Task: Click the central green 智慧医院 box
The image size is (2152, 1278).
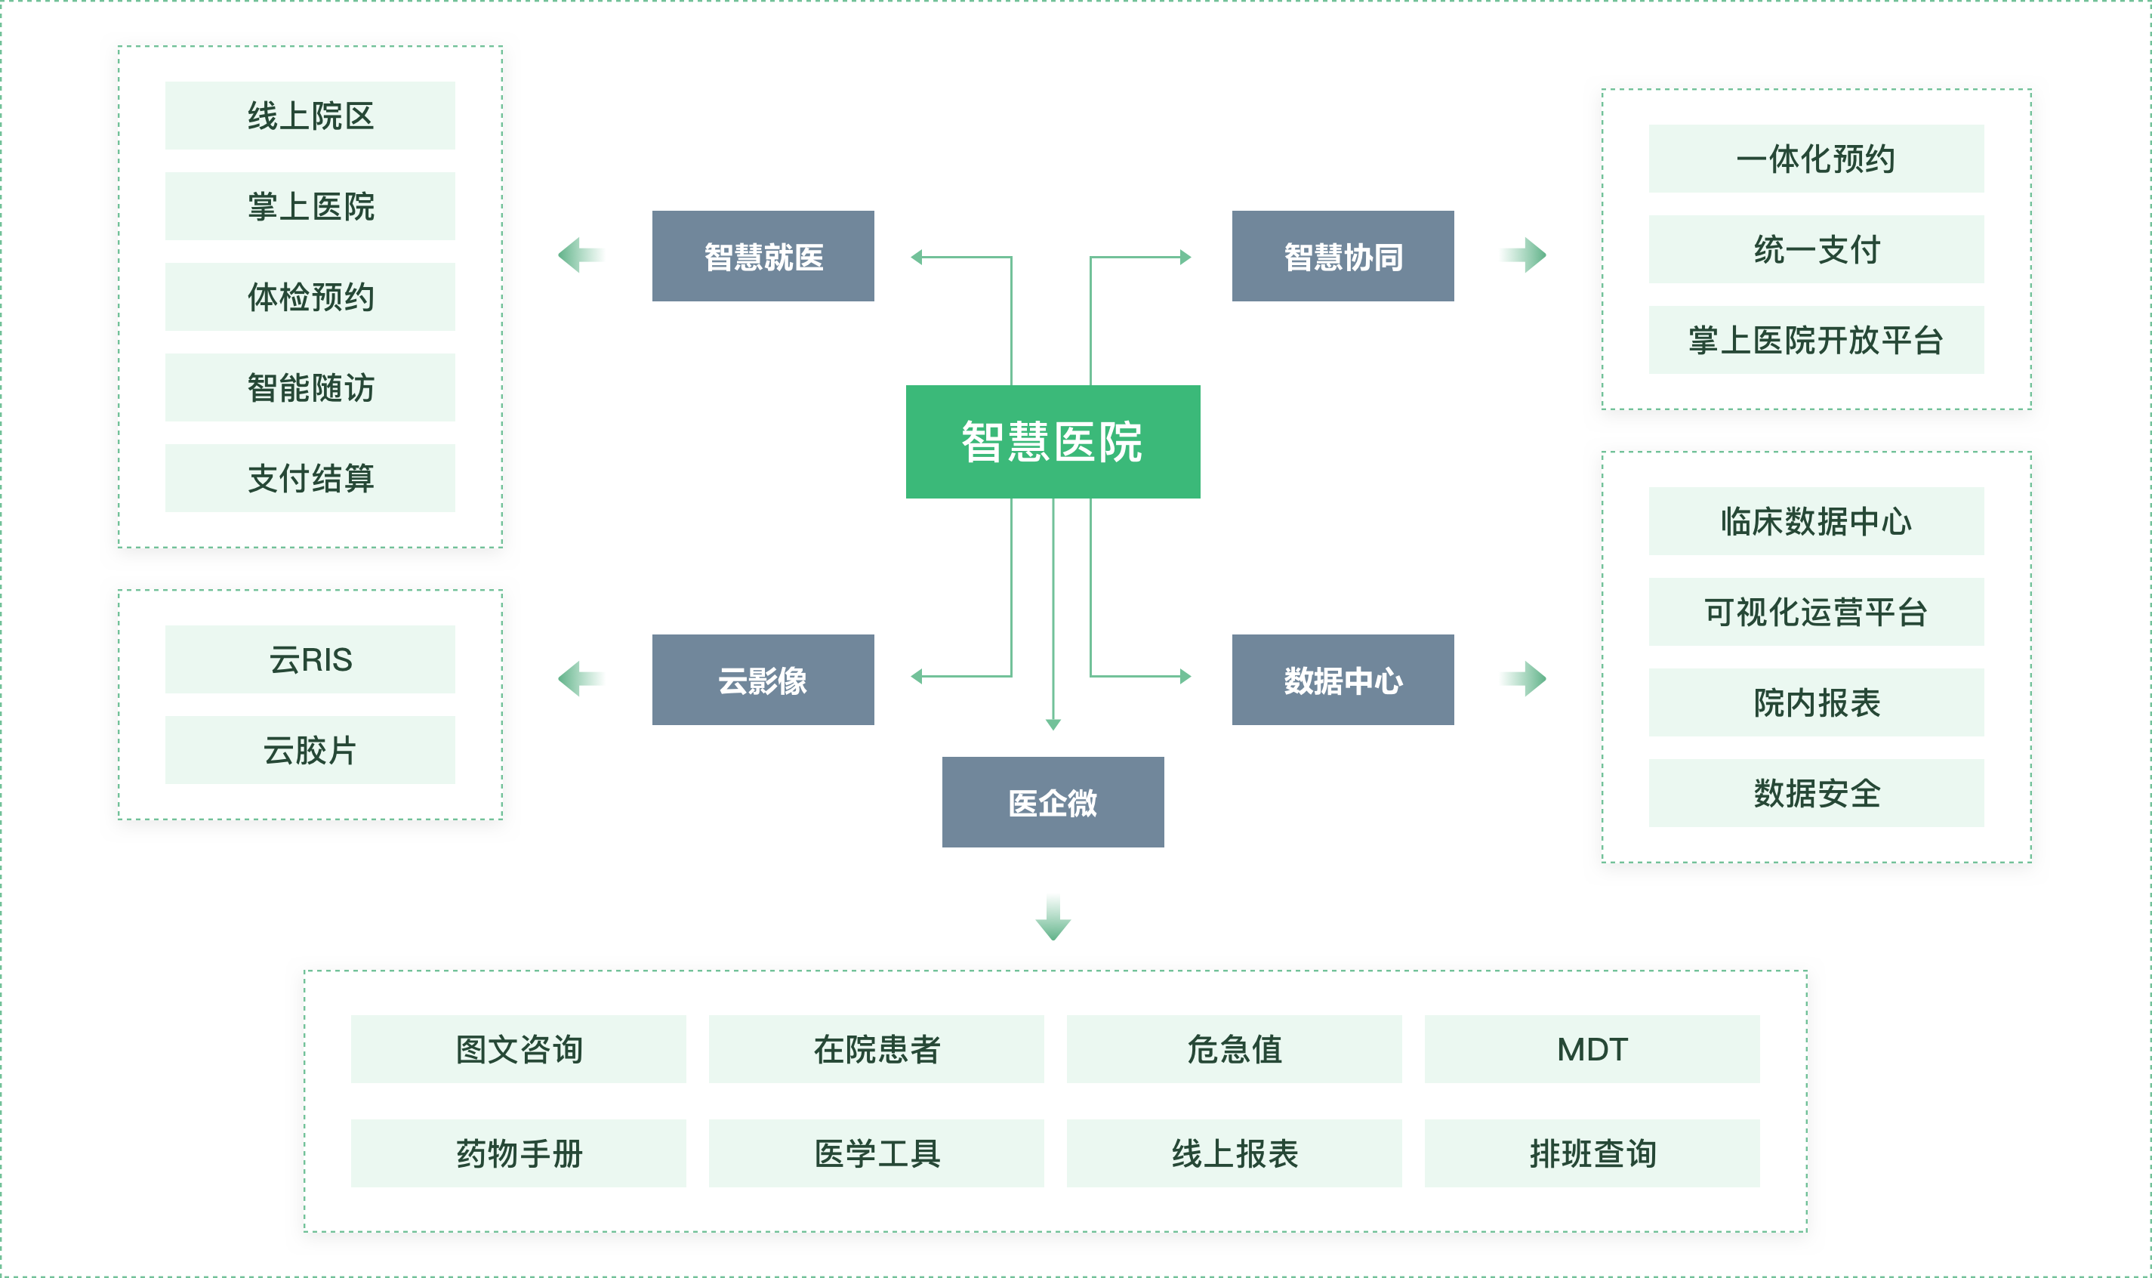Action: tap(1053, 441)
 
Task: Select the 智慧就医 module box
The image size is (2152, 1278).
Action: tap(763, 256)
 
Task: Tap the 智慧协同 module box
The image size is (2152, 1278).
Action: tap(1343, 256)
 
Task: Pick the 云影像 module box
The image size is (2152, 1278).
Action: tap(763, 680)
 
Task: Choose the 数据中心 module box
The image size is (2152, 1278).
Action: tap(1343, 680)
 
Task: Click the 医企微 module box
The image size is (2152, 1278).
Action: tap(1053, 801)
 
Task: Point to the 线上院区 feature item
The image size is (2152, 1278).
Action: tap(310, 116)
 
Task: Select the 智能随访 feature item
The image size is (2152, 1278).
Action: tap(310, 387)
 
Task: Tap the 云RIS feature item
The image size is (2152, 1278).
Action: tap(310, 659)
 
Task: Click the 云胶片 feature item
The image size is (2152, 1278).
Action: tap(310, 750)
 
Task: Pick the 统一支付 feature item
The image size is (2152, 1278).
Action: tap(1816, 249)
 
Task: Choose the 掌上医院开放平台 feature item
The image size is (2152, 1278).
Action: tap(1816, 340)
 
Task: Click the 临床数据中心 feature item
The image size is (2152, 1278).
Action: tap(1816, 521)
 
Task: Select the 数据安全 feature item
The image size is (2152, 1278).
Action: tap(1816, 793)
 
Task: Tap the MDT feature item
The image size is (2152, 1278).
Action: tap(1592, 1049)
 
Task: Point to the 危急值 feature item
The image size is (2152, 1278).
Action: tap(1234, 1049)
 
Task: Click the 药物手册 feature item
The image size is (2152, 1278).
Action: tap(518, 1153)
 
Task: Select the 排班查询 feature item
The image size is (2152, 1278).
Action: tap(1592, 1153)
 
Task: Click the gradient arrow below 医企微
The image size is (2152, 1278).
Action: tap(1053, 918)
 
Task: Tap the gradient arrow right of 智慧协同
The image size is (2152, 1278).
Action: tap(1525, 255)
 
